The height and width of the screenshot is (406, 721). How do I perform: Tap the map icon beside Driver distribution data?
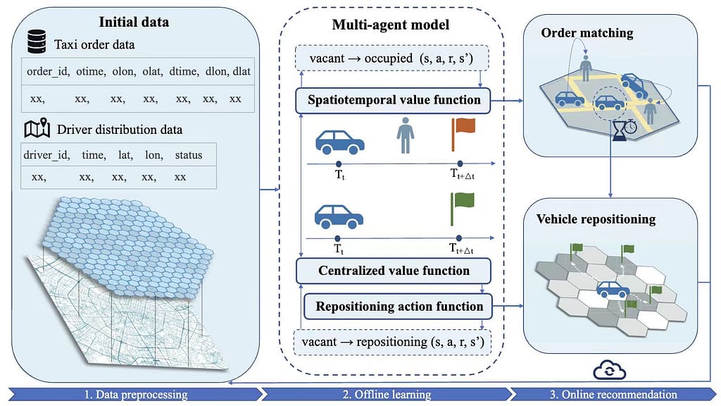coord(37,129)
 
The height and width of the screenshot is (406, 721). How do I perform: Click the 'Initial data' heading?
coord(133,22)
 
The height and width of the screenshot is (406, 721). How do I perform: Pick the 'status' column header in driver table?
coord(189,155)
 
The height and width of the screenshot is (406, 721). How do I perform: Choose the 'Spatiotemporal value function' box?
coord(394,100)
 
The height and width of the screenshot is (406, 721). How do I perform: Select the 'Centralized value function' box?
coord(394,271)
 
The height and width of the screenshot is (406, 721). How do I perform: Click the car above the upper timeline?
coord(340,142)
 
